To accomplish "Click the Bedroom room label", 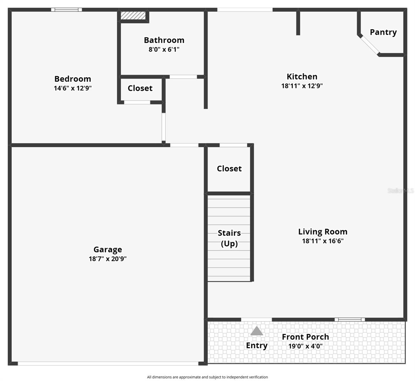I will (x=73, y=79).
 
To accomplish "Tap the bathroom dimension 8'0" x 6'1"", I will (x=164, y=49).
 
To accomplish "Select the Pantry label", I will (x=383, y=32).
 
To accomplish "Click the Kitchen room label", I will (x=302, y=77).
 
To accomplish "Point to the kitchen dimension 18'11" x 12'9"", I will (x=302, y=86).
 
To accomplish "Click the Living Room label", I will (x=322, y=232).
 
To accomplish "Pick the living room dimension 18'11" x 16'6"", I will (x=322, y=241).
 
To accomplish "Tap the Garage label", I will (x=107, y=250).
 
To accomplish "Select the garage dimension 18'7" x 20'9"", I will (x=107, y=259).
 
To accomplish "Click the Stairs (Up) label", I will (x=229, y=238).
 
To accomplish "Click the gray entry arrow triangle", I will (x=257, y=331).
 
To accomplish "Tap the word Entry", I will (x=257, y=345).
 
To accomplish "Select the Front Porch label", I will (x=305, y=337).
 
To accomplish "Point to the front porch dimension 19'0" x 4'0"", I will (x=305, y=346).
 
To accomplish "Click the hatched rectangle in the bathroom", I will (x=133, y=16).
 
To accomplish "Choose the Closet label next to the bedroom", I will (x=140, y=88).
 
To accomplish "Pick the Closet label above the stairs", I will (x=229, y=169).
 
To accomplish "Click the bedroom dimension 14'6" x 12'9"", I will (x=73, y=88).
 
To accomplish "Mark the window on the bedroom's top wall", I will (x=66, y=10).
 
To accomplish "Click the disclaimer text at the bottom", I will (x=207, y=377).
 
